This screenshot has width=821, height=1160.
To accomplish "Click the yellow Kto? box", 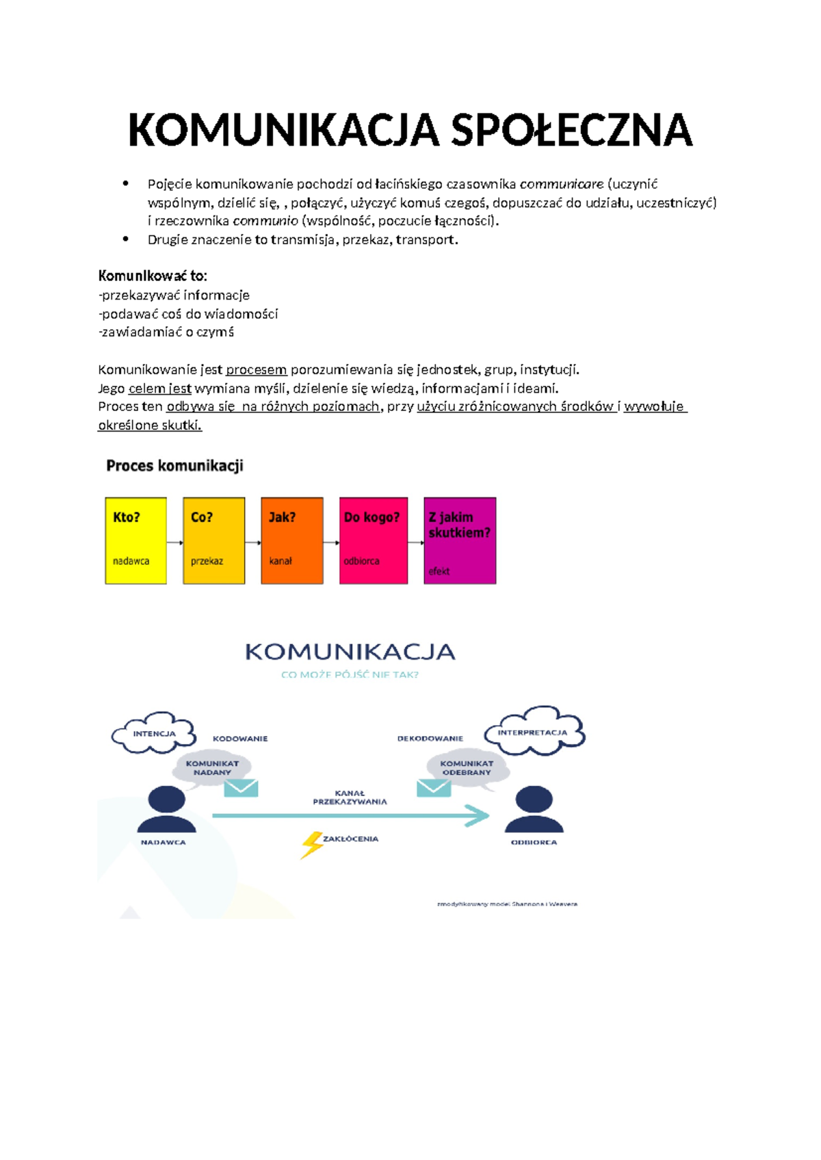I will point(135,540).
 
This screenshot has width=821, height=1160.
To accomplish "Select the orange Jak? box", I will point(291,540).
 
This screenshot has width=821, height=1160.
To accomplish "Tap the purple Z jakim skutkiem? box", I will point(460,540).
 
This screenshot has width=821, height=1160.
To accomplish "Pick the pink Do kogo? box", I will point(373,540).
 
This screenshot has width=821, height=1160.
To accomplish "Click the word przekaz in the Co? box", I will point(207,561).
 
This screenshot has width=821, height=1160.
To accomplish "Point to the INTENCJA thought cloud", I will point(154,733).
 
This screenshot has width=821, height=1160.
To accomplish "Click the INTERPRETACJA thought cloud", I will point(534,732).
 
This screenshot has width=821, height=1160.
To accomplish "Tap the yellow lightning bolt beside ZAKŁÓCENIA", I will point(311,844).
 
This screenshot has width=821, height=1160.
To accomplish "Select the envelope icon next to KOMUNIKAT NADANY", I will point(241,788).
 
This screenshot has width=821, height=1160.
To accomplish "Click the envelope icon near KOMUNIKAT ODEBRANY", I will point(434,788).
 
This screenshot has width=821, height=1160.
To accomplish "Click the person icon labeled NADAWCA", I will point(166,810).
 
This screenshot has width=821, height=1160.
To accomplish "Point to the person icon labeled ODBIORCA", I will point(534,810).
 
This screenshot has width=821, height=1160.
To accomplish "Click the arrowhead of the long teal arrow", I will point(478,815).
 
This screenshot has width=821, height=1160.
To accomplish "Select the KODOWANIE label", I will point(240,739).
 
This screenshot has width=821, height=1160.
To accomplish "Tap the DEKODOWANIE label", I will point(430,739).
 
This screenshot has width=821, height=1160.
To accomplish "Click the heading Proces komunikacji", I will point(174,466).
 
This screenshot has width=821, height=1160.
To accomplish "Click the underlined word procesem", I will point(256,370).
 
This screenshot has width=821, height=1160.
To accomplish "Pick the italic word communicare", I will point(561,184).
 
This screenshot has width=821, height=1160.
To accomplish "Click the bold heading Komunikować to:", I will point(152,276).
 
